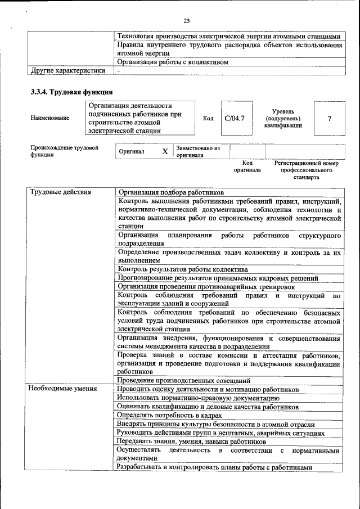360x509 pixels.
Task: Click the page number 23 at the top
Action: coord(187,21)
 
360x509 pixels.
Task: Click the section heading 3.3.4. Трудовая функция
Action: coord(71,92)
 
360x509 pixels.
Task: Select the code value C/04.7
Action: coord(234,118)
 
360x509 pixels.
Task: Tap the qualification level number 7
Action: coord(329,118)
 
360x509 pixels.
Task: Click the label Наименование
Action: coord(51,118)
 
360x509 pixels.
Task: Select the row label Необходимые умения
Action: coord(63,389)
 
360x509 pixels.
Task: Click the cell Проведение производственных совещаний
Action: coord(184,381)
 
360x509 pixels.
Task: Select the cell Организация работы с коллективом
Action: coord(172,62)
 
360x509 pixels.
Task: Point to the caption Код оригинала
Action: coord(247,166)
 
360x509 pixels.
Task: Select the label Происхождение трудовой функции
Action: coord(61,151)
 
